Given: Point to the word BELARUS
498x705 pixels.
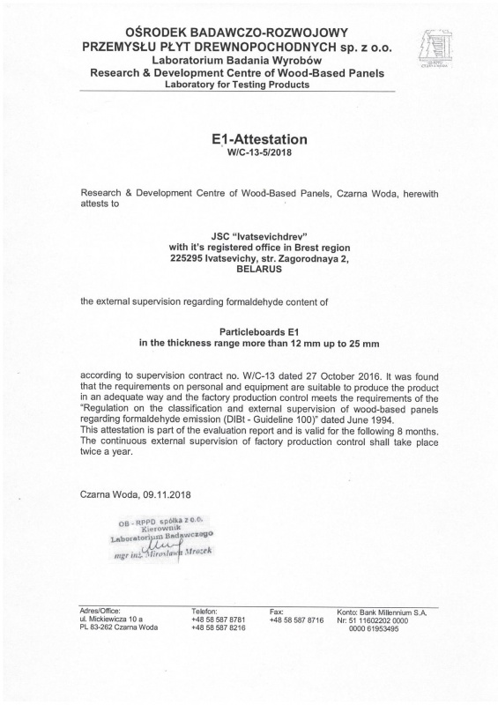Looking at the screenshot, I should click(248, 275).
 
